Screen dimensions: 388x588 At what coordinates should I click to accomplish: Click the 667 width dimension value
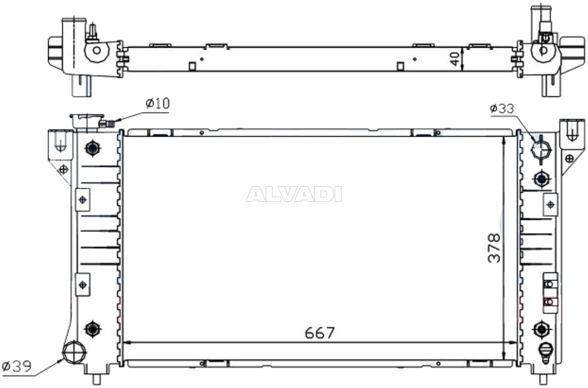(319, 333)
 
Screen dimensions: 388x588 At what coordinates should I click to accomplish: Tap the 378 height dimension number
(494, 248)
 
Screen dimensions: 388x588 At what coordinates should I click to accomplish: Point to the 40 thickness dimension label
(455, 59)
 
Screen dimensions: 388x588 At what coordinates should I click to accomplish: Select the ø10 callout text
(157, 104)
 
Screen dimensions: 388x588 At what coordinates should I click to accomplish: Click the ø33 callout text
(502, 108)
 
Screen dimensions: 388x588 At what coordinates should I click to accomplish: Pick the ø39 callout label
(17, 366)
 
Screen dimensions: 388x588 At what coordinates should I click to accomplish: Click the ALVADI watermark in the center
(294, 194)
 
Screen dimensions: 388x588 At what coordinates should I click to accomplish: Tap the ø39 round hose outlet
(74, 351)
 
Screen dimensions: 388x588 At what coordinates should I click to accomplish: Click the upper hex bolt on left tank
(93, 148)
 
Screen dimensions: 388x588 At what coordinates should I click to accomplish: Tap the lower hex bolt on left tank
(93, 328)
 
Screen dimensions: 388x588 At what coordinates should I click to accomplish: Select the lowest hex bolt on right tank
(541, 329)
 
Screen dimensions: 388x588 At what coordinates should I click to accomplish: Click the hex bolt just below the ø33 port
(541, 179)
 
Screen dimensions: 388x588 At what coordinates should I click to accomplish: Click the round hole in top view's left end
(97, 50)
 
